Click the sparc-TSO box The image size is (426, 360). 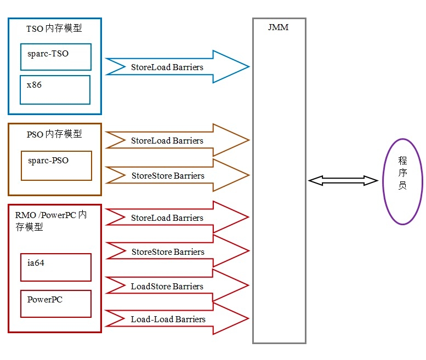[55, 56]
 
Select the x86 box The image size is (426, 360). [55, 89]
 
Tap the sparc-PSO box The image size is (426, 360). [56, 165]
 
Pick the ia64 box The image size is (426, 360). [55, 267]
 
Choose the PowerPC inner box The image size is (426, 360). [55, 304]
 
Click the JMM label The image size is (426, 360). [279, 27]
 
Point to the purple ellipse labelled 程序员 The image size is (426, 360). [402, 181]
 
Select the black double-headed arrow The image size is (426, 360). [343, 180]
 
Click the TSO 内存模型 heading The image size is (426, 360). [54, 28]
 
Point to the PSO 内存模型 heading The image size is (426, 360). [54, 134]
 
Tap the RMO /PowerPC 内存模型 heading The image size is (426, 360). [50, 220]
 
